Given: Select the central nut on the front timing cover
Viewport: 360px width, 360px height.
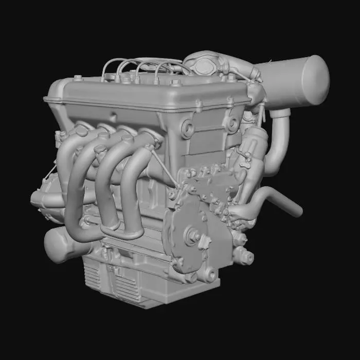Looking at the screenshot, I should coord(195,236).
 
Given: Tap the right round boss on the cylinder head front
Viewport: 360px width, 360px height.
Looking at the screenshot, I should coord(232,123).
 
